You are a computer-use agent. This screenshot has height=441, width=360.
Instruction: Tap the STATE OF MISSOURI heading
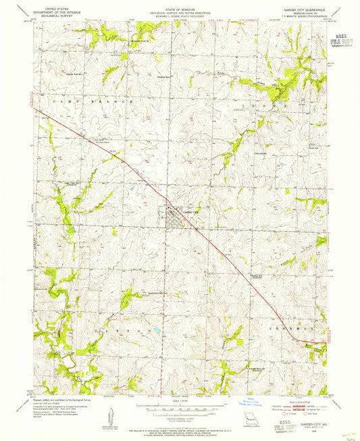click(x=180, y=9)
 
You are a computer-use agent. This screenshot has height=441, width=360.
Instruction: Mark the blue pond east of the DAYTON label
click(x=157, y=331)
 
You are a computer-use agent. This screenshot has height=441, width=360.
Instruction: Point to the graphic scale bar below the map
click(x=180, y=408)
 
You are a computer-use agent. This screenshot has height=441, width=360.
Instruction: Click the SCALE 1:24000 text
click(x=180, y=403)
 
